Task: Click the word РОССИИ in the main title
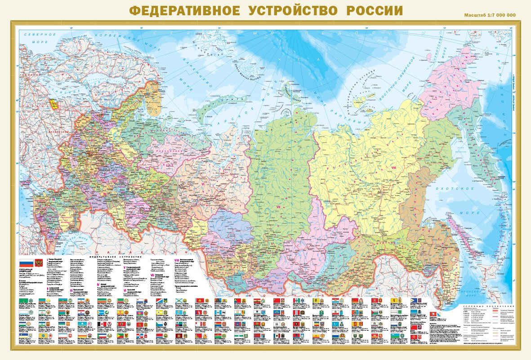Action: pos(374,10)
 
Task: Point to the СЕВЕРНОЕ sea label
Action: pos(40,35)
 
